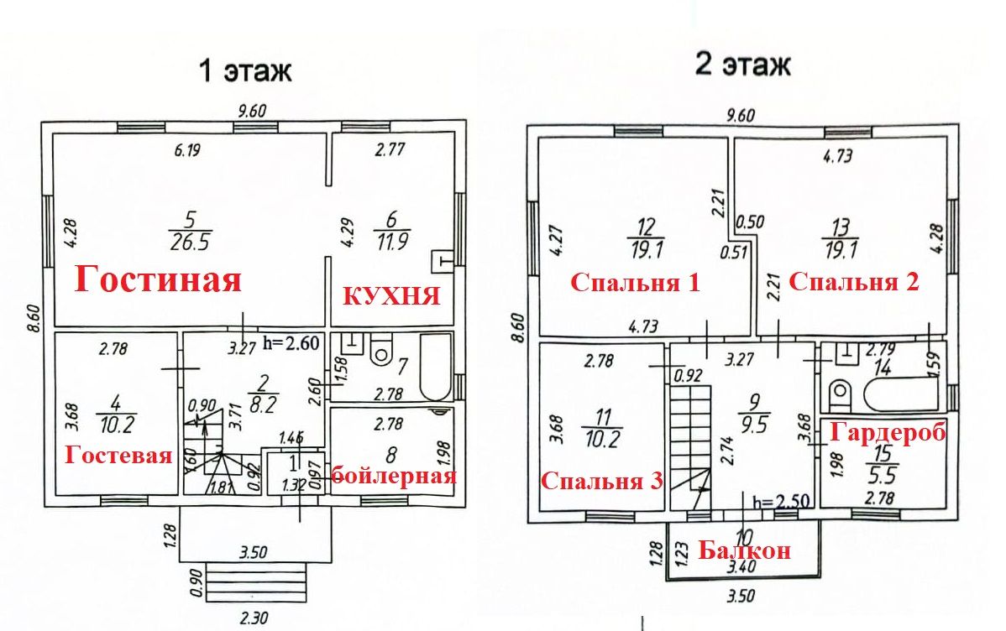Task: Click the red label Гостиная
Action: tap(159, 279)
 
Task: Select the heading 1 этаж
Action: tap(244, 71)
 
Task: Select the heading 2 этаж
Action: tap(742, 65)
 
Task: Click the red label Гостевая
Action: tap(120, 456)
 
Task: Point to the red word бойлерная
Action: tap(394, 477)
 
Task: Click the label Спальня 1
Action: tap(635, 283)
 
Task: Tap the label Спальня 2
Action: tap(855, 282)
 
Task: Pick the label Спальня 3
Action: tap(602, 482)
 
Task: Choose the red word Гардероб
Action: tap(888, 432)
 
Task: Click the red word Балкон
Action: tap(745, 551)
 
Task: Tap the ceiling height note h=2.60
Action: tap(291, 342)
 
